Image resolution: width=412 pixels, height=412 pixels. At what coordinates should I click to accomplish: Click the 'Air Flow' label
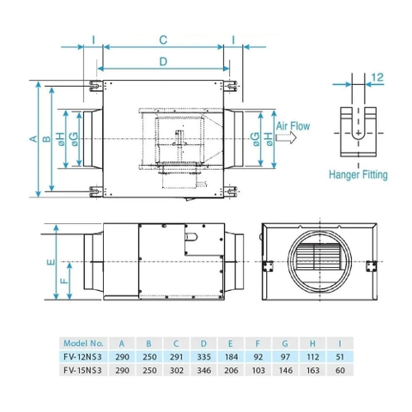click(293, 125)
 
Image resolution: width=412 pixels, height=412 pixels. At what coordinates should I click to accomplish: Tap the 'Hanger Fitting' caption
click(358, 173)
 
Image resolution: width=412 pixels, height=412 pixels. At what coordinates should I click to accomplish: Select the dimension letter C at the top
click(163, 39)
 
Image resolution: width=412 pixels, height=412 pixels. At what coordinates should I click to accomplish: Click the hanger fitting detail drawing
click(358, 129)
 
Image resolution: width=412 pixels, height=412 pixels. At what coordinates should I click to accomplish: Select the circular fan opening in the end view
click(318, 260)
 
